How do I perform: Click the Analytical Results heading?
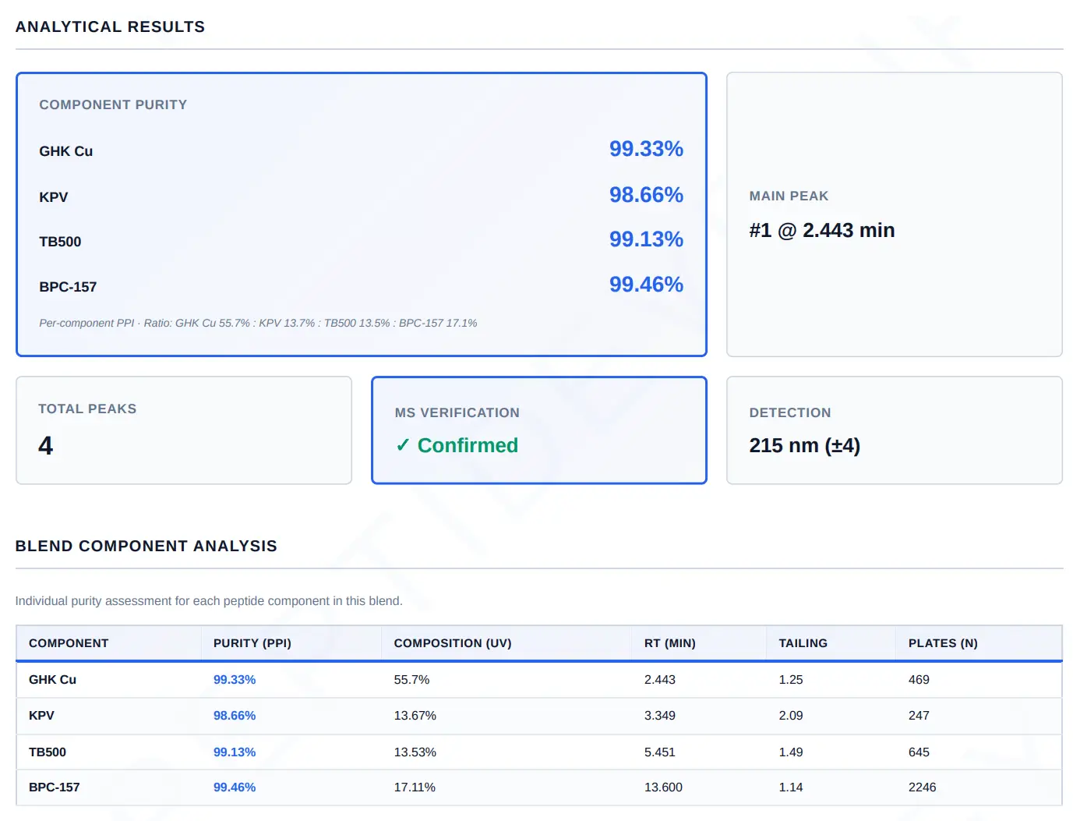(x=110, y=27)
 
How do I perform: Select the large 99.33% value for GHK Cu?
(x=646, y=149)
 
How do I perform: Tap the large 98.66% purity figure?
(x=646, y=195)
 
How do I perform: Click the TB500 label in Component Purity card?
(x=60, y=242)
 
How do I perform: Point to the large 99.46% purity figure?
(x=646, y=284)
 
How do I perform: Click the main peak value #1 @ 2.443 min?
(x=822, y=230)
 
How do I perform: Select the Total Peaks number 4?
(x=45, y=445)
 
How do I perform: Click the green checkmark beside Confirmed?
(x=402, y=445)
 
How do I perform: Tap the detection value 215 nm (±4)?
(x=804, y=445)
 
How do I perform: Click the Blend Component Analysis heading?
(x=146, y=546)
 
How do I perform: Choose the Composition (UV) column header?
(x=453, y=643)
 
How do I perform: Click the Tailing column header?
(x=803, y=643)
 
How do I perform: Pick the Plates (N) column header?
(x=943, y=643)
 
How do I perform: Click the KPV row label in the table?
(x=41, y=716)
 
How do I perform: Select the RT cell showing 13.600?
(x=663, y=787)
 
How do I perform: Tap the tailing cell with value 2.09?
(x=790, y=716)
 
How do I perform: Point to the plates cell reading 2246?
(x=922, y=787)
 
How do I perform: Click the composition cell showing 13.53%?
(x=415, y=752)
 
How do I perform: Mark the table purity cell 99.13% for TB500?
(x=234, y=752)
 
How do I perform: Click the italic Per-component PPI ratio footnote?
(x=258, y=324)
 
